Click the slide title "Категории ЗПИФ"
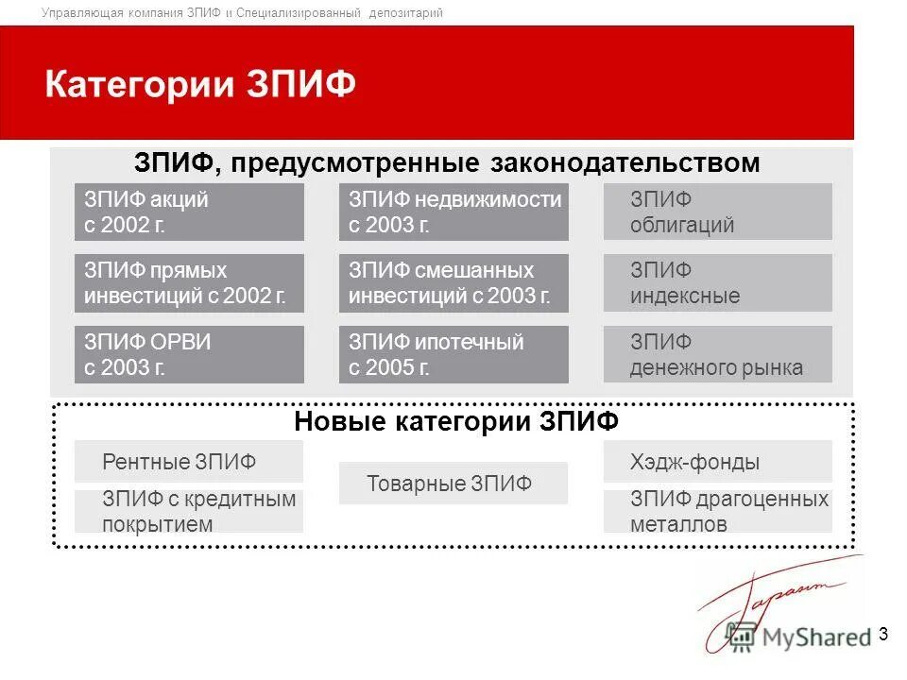pos(200,84)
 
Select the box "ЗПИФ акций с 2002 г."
pos(189,212)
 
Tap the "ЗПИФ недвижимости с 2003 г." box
pos(453,212)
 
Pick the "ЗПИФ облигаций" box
pos(718,212)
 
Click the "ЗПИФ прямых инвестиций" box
pos(189,283)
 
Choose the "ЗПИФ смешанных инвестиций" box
pos(453,283)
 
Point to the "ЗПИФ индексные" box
pos(718,283)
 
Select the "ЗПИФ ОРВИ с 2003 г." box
pos(189,354)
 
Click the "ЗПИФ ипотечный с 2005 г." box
pos(453,354)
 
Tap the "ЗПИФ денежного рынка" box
pos(718,354)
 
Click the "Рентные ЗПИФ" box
pos(189,462)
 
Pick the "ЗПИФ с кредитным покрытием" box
pos(189,511)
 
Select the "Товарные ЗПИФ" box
pos(453,484)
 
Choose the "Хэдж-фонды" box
pos(718,462)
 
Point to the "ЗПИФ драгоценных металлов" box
pos(718,511)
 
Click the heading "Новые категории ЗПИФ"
pos(456,421)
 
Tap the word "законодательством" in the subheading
pos(625,163)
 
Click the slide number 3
pos(883,634)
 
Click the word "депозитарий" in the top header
pos(406,13)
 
